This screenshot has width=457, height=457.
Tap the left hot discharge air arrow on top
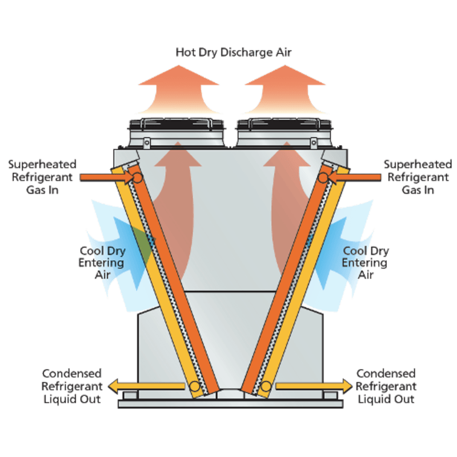pos(179,91)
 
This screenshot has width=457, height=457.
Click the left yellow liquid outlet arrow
pos(146,387)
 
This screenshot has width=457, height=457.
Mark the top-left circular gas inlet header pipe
pos(137,178)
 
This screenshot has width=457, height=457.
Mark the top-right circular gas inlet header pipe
pos(323,178)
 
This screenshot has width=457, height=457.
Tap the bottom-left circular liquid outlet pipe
pos(195,387)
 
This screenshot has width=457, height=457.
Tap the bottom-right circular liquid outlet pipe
pos(265,387)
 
